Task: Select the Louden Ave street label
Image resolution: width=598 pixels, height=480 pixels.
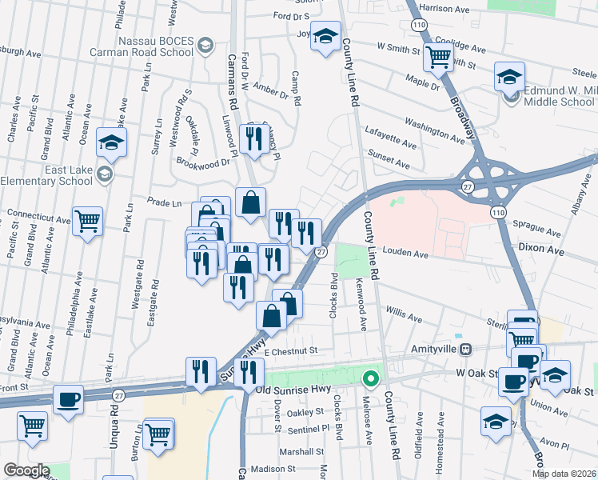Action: coord(405,254)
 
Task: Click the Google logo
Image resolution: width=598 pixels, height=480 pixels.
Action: coord(26,470)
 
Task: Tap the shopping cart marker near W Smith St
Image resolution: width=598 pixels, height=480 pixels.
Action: coord(438,56)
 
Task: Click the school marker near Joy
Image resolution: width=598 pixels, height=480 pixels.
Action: coord(326,37)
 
